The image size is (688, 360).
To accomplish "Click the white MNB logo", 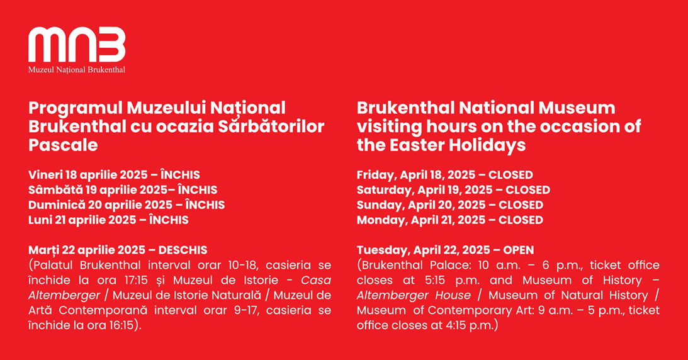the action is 77,44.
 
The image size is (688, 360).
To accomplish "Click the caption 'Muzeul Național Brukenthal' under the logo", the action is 77,70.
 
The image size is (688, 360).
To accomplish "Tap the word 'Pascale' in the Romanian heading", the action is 63,145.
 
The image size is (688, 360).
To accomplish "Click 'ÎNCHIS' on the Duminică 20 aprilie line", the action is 205,205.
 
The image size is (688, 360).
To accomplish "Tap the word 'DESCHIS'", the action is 183,250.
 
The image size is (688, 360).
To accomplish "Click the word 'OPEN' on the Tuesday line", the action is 519,250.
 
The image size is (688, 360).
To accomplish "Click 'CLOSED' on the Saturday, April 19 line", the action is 528,190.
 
